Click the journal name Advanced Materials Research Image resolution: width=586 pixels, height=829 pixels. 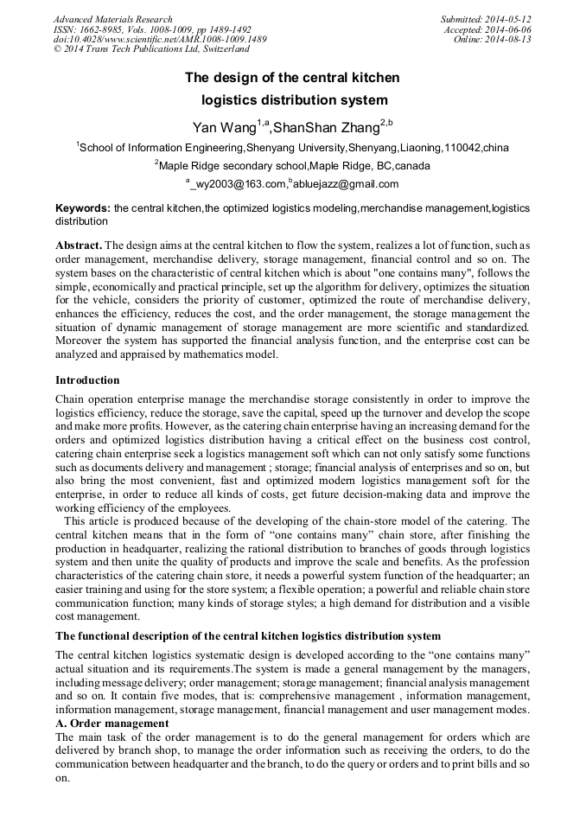tap(112, 19)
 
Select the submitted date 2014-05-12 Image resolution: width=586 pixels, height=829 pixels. tap(508, 19)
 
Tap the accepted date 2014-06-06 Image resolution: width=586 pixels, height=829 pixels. tap(508, 29)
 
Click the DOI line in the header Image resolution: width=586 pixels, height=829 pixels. tap(160, 40)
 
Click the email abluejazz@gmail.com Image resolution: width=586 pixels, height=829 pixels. tap(346, 184)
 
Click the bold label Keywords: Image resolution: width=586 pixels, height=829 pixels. tap(83, 209)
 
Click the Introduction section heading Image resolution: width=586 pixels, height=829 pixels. tap(87, 380)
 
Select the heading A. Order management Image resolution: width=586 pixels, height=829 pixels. tap(112, 723)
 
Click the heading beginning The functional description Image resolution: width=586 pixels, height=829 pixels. tap(248, 637)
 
